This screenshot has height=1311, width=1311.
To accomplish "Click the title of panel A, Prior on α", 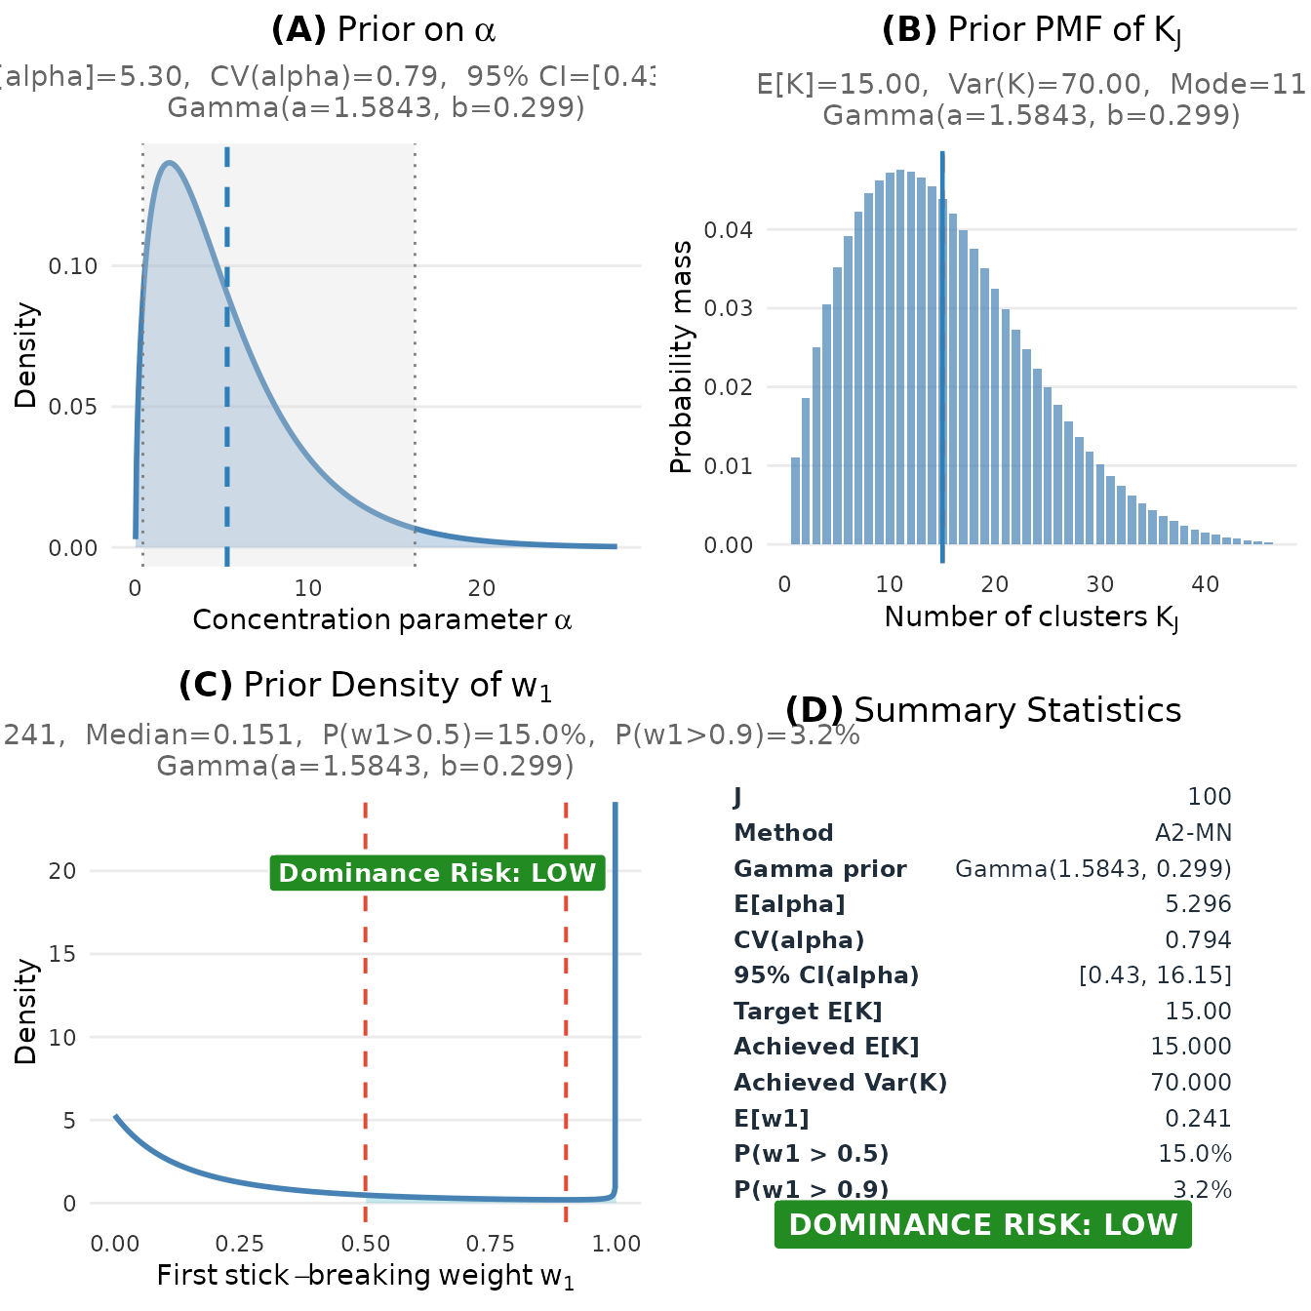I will click(x=383, y=30).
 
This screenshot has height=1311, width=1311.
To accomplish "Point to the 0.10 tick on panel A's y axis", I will click(x=73, y=266).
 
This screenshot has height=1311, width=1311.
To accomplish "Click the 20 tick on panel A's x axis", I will click(x=481, y=588).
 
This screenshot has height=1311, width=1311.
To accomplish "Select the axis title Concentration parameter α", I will click(x=382, y=620).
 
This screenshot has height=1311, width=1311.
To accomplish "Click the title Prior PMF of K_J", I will click(x=1031, y=31).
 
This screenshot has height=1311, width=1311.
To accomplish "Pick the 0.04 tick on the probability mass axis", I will click(x=728, y=230).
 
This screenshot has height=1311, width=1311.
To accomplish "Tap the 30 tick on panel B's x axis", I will click(x=1099, y=584).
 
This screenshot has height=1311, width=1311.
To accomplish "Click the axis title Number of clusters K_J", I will click(x=1031, y=617).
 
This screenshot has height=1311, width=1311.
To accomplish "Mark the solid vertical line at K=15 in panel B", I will click(x=942, y=390).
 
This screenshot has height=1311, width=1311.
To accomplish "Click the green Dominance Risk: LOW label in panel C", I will click(x=437, y=872).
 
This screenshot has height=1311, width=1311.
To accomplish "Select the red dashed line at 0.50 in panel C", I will click(x=366, y=975).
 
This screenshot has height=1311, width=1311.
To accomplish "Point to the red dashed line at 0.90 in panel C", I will click(x=566, y=975).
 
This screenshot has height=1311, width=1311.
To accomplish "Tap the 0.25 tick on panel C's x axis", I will click(x=240, y=1244).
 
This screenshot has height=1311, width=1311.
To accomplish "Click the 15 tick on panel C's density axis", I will click(x=62, y=954).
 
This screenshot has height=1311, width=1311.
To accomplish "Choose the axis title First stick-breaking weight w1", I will click(x=366, y=1276).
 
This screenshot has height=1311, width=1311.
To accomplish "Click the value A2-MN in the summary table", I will click(x=1193, y=833).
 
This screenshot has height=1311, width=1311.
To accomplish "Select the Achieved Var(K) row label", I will click(x=840, y=1083).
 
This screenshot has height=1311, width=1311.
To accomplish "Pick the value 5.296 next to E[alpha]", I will click(x=1198, y=904).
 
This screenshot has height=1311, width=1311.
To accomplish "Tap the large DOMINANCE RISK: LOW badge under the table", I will click(x=983, y=1225).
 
